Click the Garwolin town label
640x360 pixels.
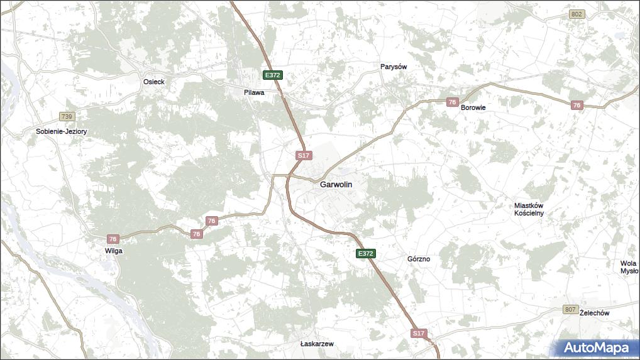click(336, 185)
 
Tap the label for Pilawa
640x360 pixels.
click(254, 92)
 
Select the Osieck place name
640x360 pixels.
click(153, 82)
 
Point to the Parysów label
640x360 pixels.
click(394, 67)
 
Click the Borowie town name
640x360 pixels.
click(473, 107)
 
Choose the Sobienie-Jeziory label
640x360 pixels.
click(61, 132)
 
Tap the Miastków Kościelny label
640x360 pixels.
click(528, 209)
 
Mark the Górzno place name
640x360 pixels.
click(419, 259)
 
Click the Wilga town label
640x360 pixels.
click(114, 251)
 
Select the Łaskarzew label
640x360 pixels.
click(317, 344)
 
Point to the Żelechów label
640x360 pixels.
click(594, 313)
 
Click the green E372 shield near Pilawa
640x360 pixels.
click(272, 75)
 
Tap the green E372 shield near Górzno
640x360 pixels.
click(365, 254)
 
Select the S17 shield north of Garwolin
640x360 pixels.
click(304, 155)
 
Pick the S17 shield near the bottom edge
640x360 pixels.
click(419, 334)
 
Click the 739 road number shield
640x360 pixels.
click(67, 117)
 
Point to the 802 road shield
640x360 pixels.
click(577, 14)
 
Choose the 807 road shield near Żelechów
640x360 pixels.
click(570, 309)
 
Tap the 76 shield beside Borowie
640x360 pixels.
click(452, 102)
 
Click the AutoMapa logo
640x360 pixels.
click(596, 347)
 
